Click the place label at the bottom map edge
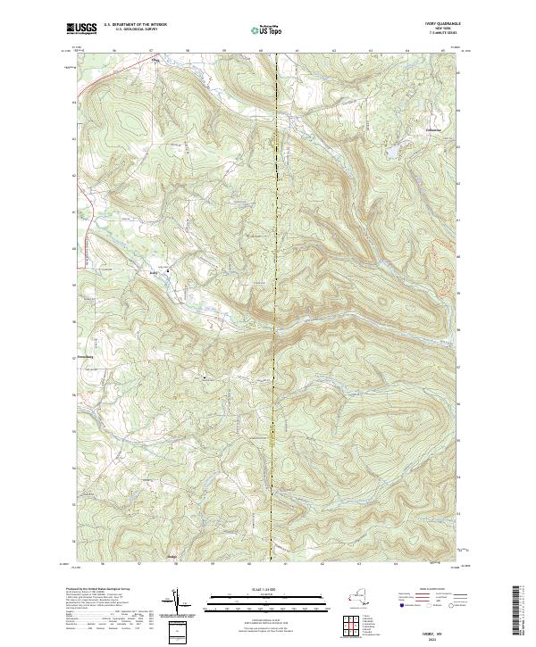[173, 559]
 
